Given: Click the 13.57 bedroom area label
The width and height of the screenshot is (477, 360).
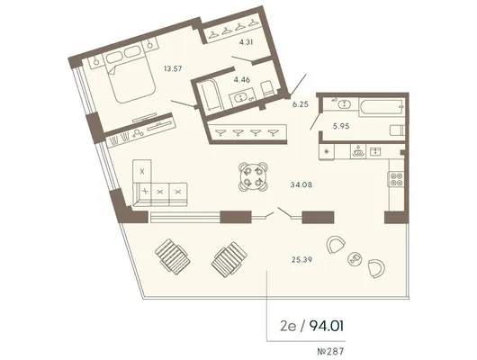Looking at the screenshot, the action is click(x=173, y=68).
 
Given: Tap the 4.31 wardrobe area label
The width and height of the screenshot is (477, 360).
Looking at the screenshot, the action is click(x=246, y=42).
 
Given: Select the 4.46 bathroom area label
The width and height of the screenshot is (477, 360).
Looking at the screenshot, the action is click(x=242, y=80).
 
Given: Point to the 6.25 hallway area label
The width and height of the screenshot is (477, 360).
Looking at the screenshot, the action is click(x=301, y=104).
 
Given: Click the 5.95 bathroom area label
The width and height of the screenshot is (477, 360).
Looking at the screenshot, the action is click(x=341, y=126).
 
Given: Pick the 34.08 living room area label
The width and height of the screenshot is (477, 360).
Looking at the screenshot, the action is click(x=301, y=184).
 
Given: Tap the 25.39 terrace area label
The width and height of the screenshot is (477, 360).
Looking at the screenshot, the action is click(x=301, y=259).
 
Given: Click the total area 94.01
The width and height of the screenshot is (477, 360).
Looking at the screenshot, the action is click(x=327, y=326).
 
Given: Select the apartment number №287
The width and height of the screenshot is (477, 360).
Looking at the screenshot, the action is click(x=330, y=352).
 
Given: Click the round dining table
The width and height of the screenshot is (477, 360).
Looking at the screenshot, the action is click(x=253, y=176).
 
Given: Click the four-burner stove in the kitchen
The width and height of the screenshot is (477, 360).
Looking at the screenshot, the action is click(x=396, y=179).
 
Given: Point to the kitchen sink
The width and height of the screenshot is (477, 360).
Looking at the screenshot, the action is click(x=375, y=151).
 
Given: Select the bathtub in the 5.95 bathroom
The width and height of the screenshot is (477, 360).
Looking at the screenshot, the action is click(x=382, y=107).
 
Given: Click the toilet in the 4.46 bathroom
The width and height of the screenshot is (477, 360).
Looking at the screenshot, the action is click(x=268, y=89).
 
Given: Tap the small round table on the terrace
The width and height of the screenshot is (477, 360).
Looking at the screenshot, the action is click(x=355, y=258).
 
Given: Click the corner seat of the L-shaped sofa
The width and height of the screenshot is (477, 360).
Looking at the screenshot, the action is click(x=143, y=192).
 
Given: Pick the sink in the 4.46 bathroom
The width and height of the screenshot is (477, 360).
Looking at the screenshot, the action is click(x=242, y=98).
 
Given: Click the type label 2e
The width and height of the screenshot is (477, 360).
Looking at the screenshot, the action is click(x=288, y=327).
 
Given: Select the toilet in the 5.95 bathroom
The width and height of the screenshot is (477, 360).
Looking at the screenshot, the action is click(x=397, y=130).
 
